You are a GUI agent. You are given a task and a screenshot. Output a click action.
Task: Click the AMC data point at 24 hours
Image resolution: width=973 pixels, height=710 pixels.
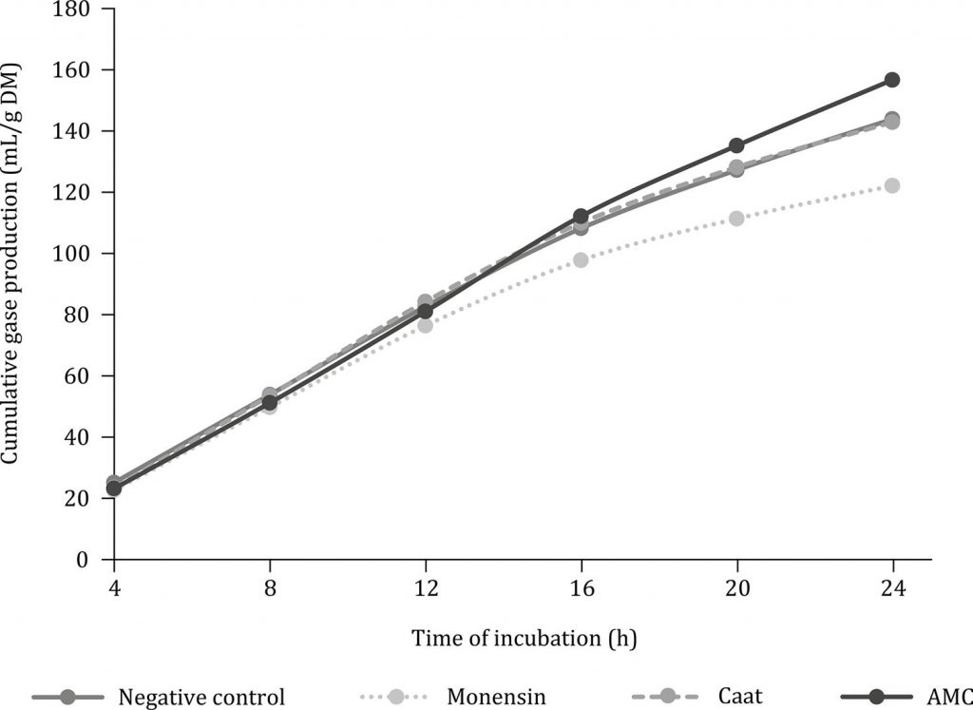point(892,80)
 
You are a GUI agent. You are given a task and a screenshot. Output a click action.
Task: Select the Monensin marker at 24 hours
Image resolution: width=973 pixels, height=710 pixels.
point(892,185)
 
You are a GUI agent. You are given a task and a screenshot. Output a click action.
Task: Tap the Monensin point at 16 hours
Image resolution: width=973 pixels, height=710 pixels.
point(581,259)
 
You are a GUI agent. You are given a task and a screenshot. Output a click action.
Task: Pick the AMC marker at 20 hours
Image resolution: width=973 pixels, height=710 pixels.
point(736,145)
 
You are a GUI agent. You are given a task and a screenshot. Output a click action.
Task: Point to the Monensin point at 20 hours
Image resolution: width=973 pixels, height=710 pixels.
point(736,218)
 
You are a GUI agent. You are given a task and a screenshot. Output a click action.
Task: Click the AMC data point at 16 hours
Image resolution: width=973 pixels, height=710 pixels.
point(581,216)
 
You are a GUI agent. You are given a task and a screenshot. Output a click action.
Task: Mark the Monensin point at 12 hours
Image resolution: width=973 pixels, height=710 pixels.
point(425,325)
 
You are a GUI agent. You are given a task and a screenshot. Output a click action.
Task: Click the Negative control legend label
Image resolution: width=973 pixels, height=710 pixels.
point(200,697)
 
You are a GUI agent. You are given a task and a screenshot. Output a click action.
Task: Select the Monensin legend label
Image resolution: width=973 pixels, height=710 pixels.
point(498,697)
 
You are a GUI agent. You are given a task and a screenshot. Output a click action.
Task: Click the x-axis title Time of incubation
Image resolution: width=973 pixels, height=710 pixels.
point(524,639)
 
